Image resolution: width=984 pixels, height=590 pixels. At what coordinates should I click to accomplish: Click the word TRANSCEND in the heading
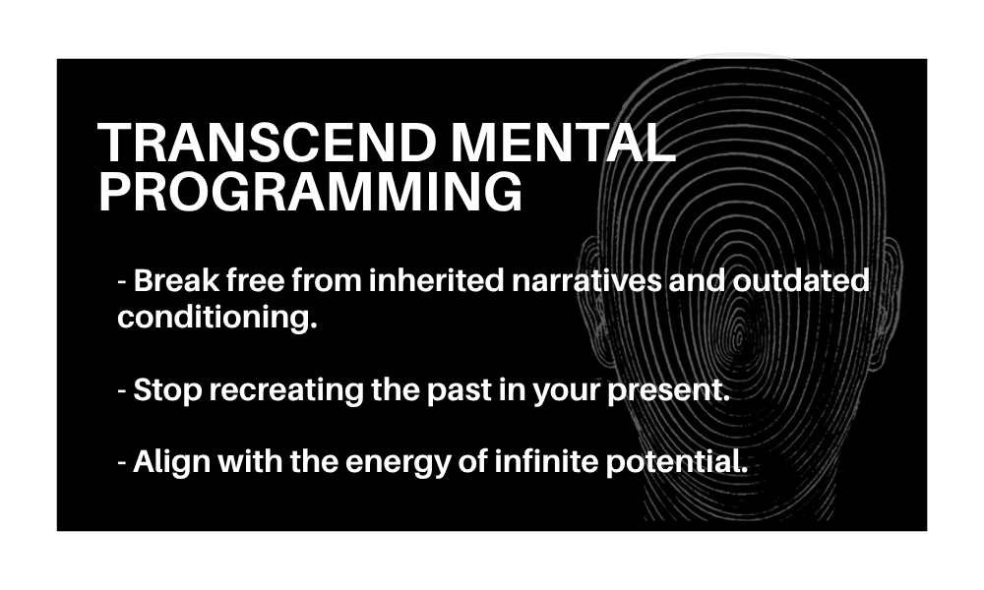click(268, 143)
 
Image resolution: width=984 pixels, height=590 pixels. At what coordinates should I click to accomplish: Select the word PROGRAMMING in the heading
click(311, 192)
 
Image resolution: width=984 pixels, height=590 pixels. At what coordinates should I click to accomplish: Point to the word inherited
click(437, 280)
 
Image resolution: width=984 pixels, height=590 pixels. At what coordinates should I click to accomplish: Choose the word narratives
click(586, 280)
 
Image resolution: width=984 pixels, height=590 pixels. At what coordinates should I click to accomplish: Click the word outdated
click(801, 280)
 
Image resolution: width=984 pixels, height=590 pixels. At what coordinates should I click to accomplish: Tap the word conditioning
click(217, 318)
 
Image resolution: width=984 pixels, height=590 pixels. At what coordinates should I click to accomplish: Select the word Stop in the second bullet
click(167, 390)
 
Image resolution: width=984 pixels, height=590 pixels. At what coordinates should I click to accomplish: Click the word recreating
click(286, 390)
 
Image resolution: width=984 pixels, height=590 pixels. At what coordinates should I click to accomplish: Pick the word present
click(668, 390)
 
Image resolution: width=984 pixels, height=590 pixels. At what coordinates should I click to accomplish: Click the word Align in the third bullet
click(171, 462)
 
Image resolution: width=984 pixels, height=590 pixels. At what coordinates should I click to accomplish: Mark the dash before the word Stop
click(122, 392)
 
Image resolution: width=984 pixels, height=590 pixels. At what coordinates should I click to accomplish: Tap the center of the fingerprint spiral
click(739, 332)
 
